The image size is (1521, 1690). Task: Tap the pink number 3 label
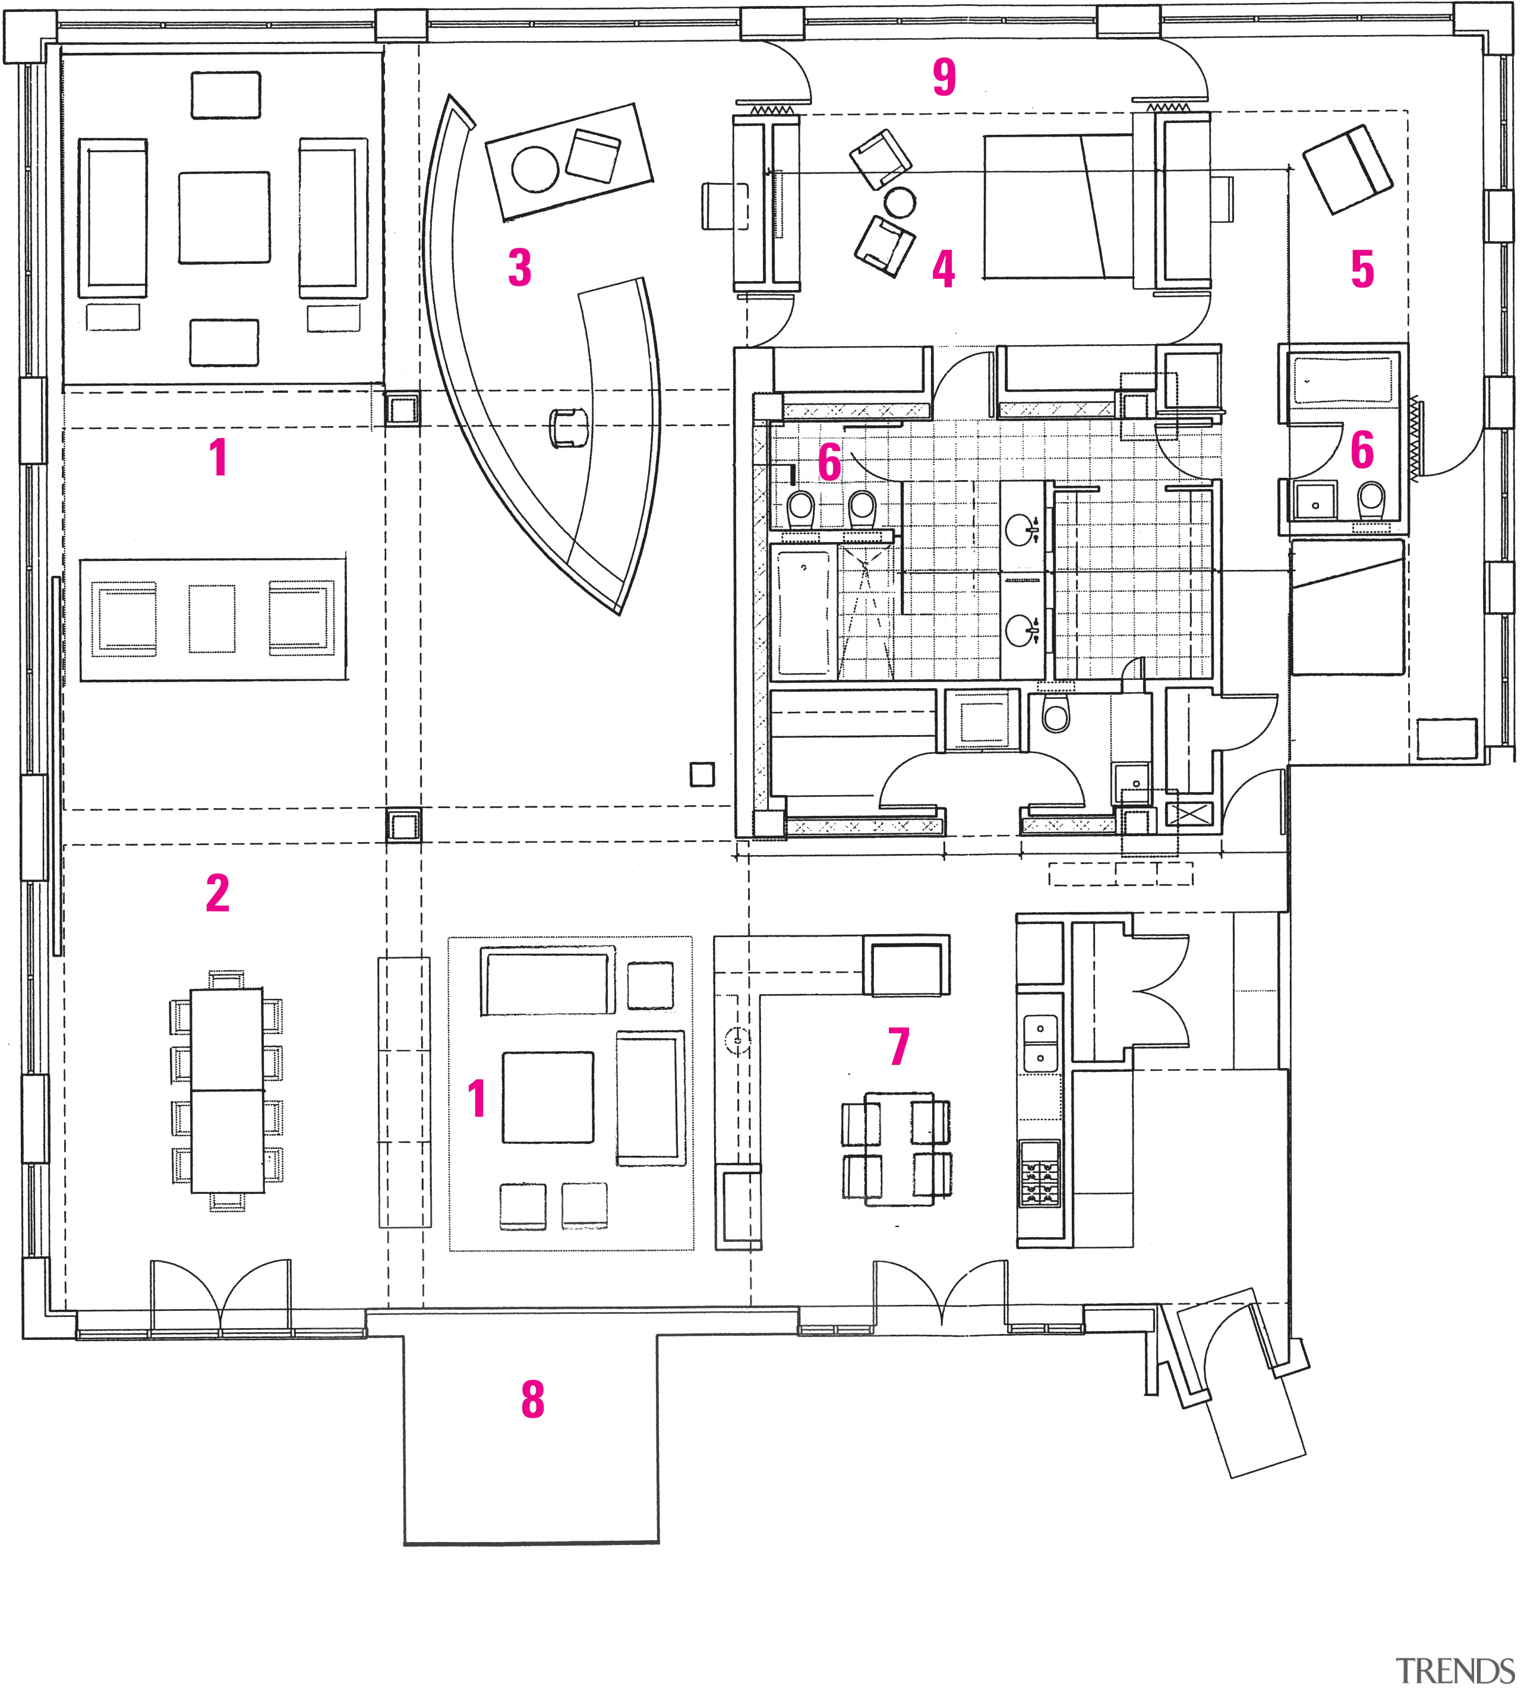520,267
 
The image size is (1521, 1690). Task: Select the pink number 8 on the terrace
532,1399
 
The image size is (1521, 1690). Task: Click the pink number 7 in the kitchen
898,1046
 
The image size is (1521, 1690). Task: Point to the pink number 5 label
1362,269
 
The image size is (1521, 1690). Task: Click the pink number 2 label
217,894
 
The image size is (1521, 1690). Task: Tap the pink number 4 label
943,269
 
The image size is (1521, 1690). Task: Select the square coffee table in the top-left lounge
224,217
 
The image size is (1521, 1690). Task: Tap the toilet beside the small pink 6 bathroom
1371,499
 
